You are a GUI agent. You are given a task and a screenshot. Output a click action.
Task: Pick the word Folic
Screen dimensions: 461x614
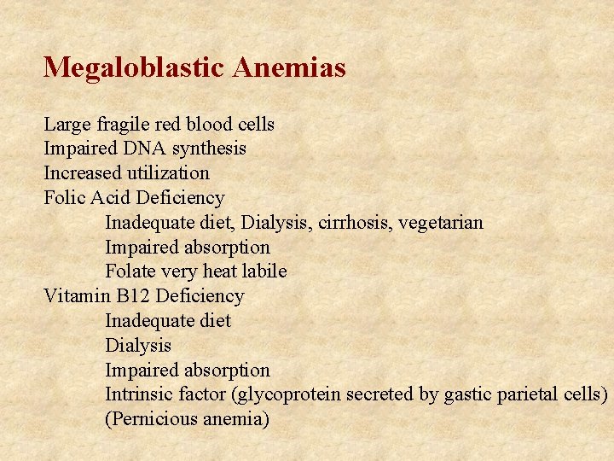coord(64,198)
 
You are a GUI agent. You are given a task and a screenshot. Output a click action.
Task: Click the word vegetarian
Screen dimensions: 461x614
coord(442,224)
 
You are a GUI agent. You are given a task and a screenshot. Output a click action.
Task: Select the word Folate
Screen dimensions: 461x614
coord(130,271)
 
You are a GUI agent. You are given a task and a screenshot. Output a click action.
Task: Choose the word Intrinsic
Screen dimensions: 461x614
coord(139,394)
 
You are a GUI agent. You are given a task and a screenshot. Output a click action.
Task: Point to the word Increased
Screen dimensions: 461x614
coord(81,173)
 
